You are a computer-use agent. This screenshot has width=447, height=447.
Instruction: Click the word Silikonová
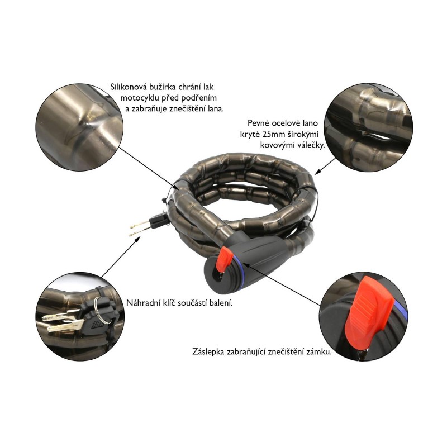[125, 87]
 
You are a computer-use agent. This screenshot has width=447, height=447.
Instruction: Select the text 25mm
[273, 134]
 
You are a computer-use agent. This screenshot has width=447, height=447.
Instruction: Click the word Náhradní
[138, 303]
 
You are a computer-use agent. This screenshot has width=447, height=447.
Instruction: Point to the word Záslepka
[208, 351]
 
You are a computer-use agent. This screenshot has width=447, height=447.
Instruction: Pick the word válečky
[310, 145]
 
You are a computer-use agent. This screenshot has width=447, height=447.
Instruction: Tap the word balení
[222, 303]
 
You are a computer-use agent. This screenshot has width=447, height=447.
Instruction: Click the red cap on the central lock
[223, 258]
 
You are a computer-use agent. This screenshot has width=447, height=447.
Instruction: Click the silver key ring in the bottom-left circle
[103, 311]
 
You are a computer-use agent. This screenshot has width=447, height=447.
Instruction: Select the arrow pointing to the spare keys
[121, 256]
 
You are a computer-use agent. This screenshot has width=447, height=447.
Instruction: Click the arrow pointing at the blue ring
[282, 284]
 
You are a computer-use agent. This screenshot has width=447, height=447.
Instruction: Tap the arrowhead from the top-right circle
[317, 172]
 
